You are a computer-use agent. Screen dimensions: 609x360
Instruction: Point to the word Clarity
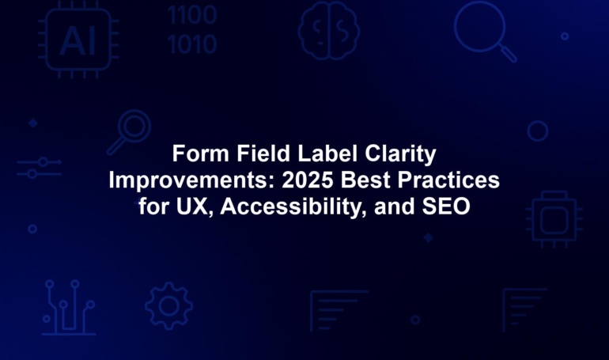400,154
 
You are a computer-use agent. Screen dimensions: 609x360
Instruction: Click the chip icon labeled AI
78,40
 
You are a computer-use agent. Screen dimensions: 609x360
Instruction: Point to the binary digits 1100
192,15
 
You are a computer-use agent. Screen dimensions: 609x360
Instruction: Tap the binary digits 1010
192,44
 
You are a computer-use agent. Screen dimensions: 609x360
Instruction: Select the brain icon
328,31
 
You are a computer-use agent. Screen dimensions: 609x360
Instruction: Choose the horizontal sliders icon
39,168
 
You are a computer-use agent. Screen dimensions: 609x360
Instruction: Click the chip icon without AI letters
554,219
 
